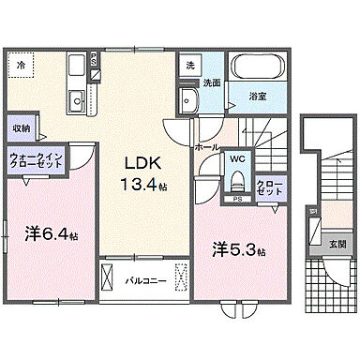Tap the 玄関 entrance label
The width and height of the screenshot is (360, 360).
click(x=335, y=245)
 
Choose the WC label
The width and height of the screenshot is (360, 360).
click(x=238, y=159)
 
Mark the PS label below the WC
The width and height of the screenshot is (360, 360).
click(x=238, y=200)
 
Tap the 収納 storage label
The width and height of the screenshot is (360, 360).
click(x=21, y=127)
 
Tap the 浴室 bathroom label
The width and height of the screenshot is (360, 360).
click(x=256, y=95)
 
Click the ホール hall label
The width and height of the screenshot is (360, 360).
click(x=207, y=147)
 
